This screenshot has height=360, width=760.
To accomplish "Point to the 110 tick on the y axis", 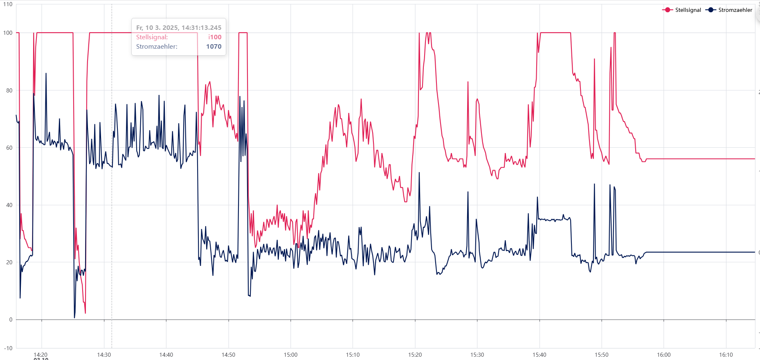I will [8, 4].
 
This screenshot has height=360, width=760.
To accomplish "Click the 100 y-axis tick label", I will [8, 33].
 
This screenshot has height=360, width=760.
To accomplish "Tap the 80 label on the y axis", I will [9, 90].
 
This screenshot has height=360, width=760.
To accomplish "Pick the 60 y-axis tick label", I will [9, 148].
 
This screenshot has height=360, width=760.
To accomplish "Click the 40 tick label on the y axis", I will [9, 205].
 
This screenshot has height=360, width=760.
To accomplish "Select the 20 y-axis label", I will [9, 262].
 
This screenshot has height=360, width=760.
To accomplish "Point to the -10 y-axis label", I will [9, 348].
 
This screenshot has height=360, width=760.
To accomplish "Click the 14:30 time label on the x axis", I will [104, 355].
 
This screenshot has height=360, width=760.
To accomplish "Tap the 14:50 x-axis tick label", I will [228, 355].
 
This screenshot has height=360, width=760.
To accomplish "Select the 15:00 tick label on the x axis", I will [290, 355].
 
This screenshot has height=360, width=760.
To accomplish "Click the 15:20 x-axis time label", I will [415, 355].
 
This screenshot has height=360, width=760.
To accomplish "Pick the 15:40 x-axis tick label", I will [539, 355].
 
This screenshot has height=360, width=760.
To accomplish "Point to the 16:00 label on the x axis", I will [663, 355].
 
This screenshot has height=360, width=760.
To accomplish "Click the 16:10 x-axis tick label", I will [726, 355].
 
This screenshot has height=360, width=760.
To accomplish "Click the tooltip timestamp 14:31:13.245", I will [179, 28].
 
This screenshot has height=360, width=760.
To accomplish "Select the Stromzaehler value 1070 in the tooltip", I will [214, 47].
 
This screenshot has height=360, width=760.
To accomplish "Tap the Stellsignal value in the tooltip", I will [215, 37].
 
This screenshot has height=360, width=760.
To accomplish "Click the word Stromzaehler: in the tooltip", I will [157, 47].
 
